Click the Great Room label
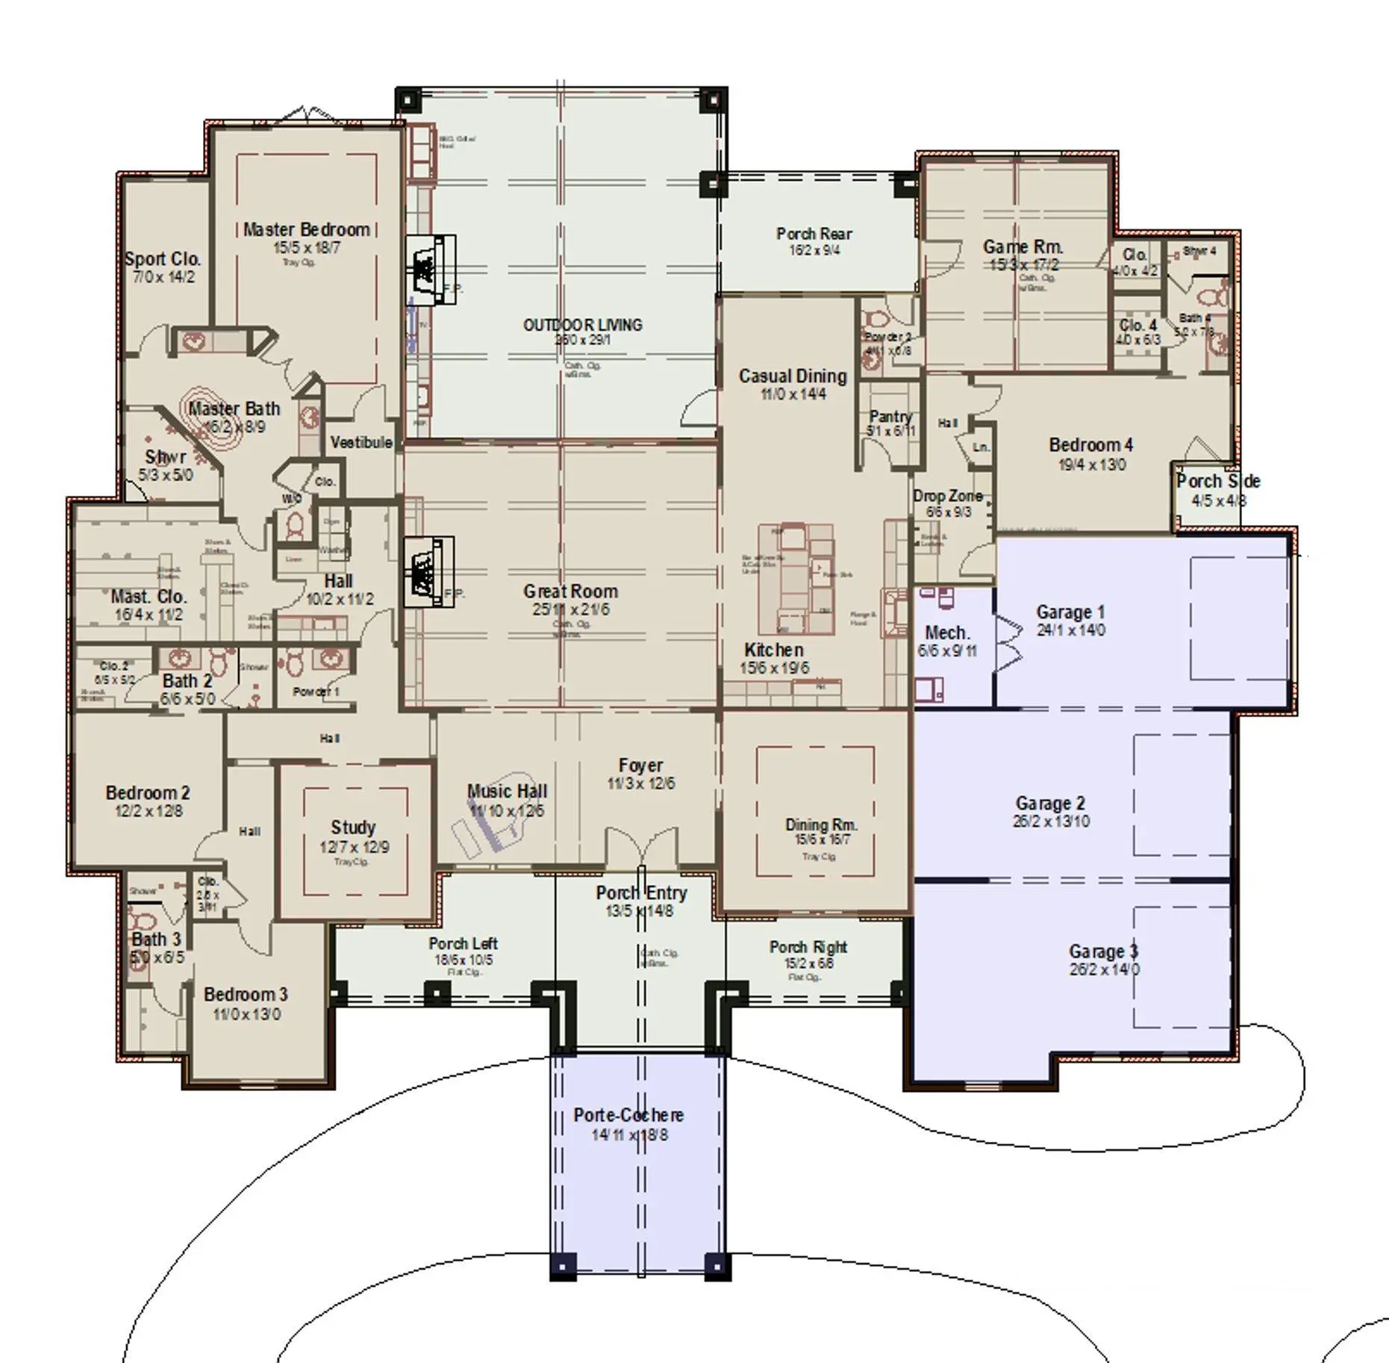click(570, 591)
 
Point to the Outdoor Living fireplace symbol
click(431, 270)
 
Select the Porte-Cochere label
click(628, 1115)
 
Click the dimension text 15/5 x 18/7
click(307, 248)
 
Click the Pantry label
click(891, 416)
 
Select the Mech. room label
click(947, 633)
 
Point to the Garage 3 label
click(1103, 951)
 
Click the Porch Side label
click(1218, 481)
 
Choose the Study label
click(353, 828)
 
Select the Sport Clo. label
click(163, 259)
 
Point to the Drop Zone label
click(948, 496)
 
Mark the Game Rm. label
click(1023, 246)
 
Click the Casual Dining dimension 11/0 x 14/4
click(793, 394)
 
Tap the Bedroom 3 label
click(246, 994)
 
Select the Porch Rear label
click(814, 234)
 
